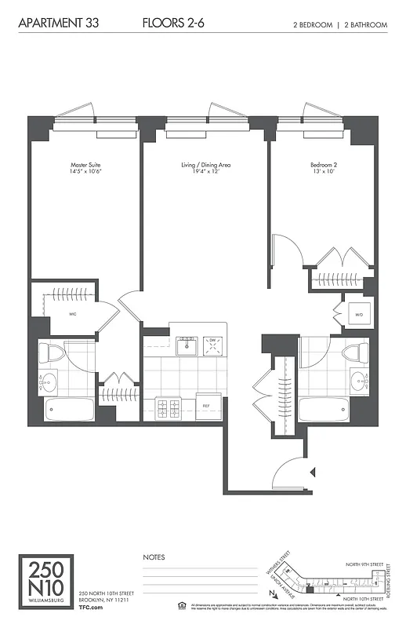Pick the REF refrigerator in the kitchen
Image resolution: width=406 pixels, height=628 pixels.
point(207,405)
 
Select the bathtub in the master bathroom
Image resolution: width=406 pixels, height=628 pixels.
point(69,408)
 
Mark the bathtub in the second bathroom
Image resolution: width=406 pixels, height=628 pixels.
point(324,409)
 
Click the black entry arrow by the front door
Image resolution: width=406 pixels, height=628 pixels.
point(313,472)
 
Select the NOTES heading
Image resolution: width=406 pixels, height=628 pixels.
point(154,557)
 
